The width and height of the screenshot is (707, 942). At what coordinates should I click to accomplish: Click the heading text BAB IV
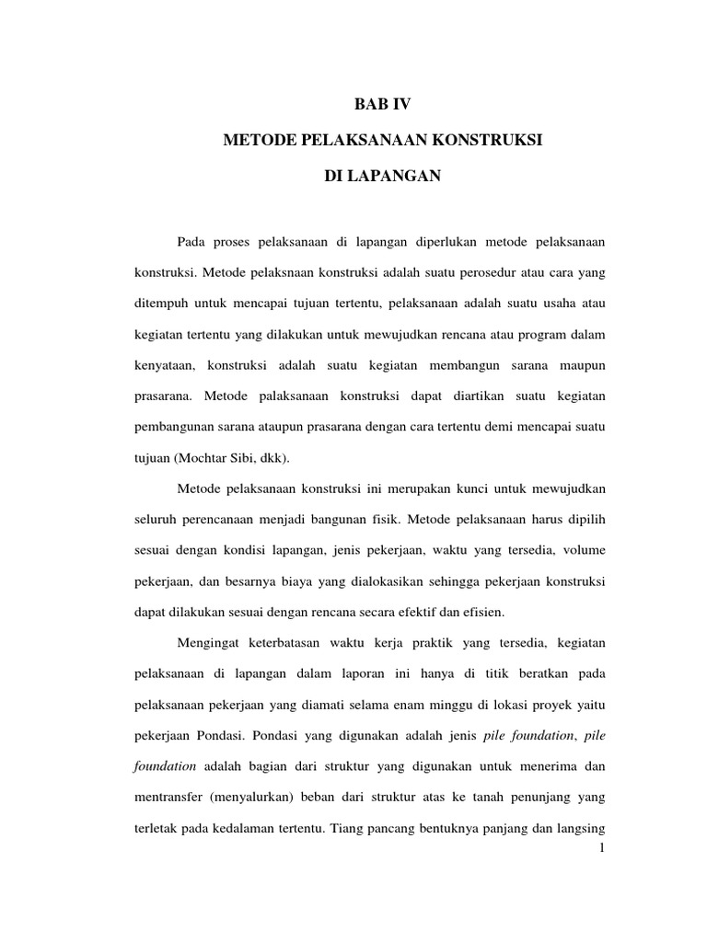pyautogui.click(x=383, y=106)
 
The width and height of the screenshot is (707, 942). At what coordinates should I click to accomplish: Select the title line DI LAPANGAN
pyautogui.click(x=383, y=176)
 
